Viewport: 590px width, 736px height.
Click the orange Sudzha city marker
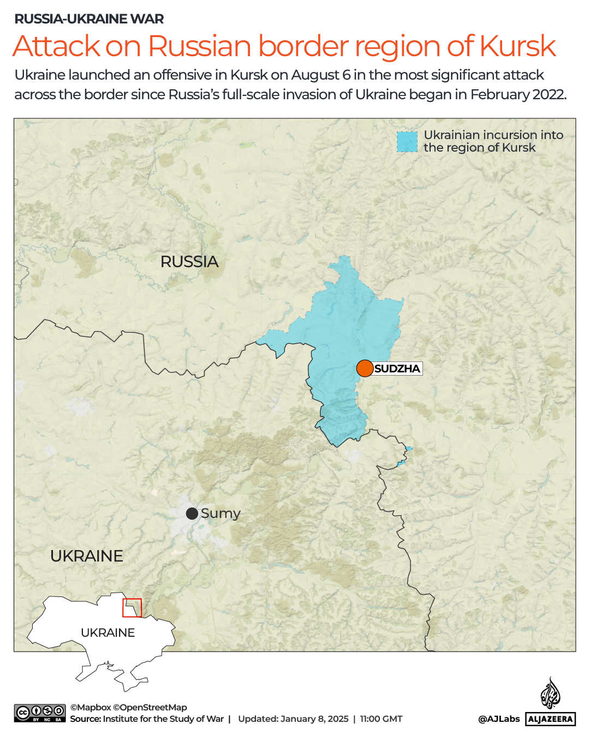365,369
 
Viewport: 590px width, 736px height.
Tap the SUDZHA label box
397,369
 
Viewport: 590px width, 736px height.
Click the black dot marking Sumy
192,514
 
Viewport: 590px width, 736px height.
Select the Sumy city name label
220,514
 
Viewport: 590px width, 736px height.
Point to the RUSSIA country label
189,262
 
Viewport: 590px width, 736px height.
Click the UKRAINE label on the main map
87,556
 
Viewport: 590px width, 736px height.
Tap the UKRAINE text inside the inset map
108,632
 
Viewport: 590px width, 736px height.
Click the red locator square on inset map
132,607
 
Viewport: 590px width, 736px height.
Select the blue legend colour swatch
407,142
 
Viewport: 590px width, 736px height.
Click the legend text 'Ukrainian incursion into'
493,135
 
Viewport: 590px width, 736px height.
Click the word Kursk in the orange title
517,46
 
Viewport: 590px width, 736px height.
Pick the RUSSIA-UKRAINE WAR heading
89,19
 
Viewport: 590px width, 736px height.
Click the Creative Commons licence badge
40,713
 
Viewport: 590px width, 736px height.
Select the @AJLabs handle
499,719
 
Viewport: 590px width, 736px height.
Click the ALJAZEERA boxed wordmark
550,719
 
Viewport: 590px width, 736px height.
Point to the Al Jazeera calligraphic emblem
550,693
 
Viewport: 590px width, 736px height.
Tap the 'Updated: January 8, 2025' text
293,719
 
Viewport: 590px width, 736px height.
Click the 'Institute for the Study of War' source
163,719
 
